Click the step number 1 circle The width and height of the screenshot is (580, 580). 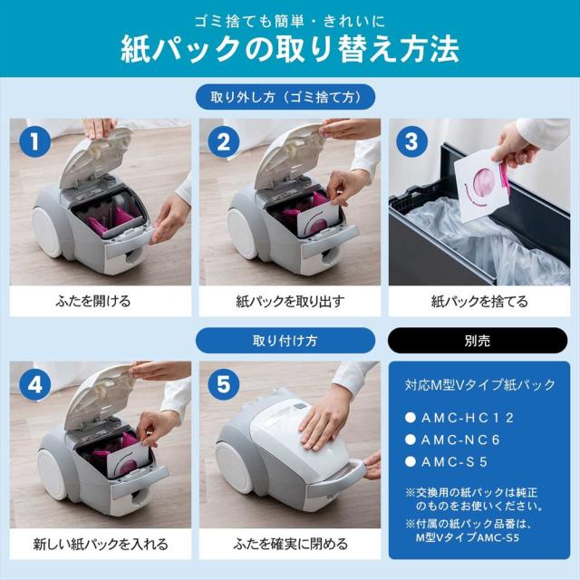click(x=35, y=142)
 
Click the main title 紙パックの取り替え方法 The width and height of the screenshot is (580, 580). click(x=290, y=49)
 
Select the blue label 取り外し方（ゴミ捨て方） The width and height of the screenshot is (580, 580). click(x=290, y=97)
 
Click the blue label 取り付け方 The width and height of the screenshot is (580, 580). click(x=290, y=341)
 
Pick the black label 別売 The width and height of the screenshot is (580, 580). click(x=478, y=341)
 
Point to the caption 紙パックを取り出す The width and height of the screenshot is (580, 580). click(x=289, y=300)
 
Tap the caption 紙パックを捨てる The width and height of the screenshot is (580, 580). click(x=478, y=300)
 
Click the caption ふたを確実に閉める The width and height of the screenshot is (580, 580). click(x=289, y=544)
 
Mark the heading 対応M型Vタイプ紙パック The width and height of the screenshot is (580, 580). click(x=478, y=383)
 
